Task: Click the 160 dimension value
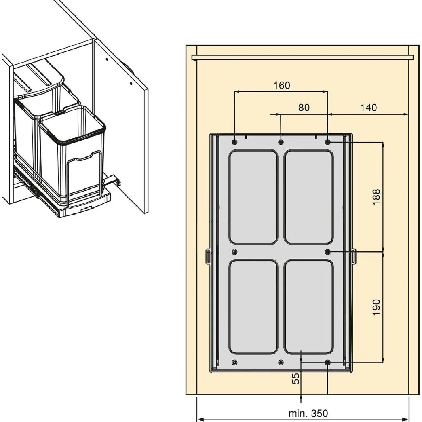coord(282,85)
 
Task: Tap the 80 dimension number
coord(304,108)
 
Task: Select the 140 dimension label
coord(369,108)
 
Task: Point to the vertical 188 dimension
coord(376,197)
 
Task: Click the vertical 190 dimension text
coord(376,307)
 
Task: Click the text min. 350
coord(308,408)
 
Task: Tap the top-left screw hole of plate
coord(234,142)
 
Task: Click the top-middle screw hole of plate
coord(281,142)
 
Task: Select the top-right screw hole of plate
coord(328,142)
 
